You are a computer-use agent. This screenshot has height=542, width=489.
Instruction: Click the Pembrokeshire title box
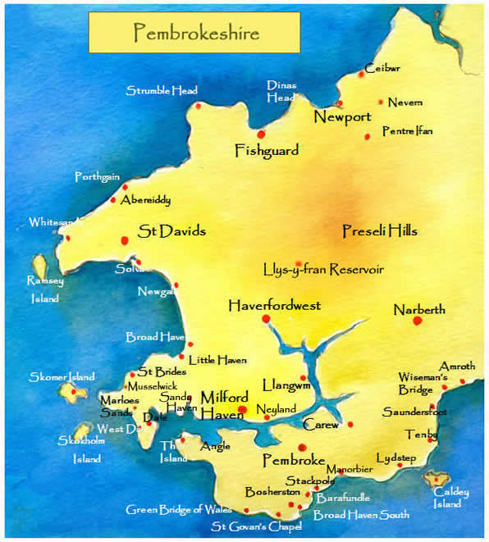point(196,34)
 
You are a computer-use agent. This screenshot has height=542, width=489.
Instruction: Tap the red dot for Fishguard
point(261,134)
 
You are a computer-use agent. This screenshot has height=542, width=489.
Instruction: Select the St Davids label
point(171,231)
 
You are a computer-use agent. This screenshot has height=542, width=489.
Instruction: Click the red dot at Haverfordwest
point(265,318)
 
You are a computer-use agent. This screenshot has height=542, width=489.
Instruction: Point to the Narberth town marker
point(417,321)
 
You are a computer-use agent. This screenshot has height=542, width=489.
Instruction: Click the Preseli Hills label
point(379,232)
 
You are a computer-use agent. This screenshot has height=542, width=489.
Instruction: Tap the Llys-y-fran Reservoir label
point(323,269)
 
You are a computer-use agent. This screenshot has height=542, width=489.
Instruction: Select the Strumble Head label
point(162,91)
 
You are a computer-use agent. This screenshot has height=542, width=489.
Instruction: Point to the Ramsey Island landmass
point(39,265)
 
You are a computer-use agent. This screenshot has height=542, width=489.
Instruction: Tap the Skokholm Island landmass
point(81,431)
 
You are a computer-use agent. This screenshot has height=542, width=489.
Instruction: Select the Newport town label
point(342,118)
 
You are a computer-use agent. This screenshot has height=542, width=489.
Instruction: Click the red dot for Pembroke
point(302,447)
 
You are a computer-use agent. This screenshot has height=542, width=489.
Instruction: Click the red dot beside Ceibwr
point(361,75)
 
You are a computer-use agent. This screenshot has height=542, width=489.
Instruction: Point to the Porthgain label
point(98,177)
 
